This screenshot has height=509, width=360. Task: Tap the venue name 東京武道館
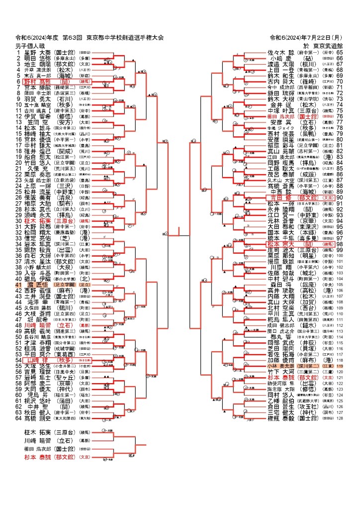pyautogui.click(x=325, y=46)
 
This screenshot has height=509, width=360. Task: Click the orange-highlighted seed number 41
pyautogui.click(x=19, y=285)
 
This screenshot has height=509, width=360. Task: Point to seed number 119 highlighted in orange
pyautogui.click(x=340, y=366)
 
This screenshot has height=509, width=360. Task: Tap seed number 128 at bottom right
pyautogui.click(x=340, y=418)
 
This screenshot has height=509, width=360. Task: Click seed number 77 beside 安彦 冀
pyautogui.click(x=340, y=122)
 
